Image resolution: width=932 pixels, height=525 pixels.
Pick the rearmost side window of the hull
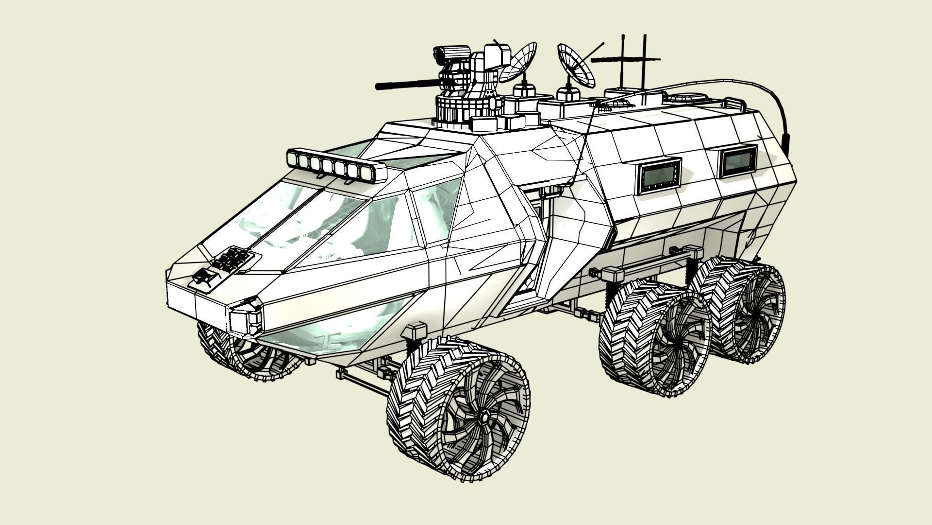tap(738, 161)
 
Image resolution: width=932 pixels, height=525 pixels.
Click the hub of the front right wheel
tap(484, 417)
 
